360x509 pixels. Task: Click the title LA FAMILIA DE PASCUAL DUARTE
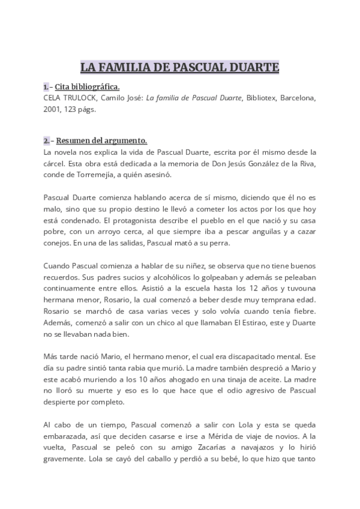coord(180,67)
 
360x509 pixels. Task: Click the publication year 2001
coord(52,109)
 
